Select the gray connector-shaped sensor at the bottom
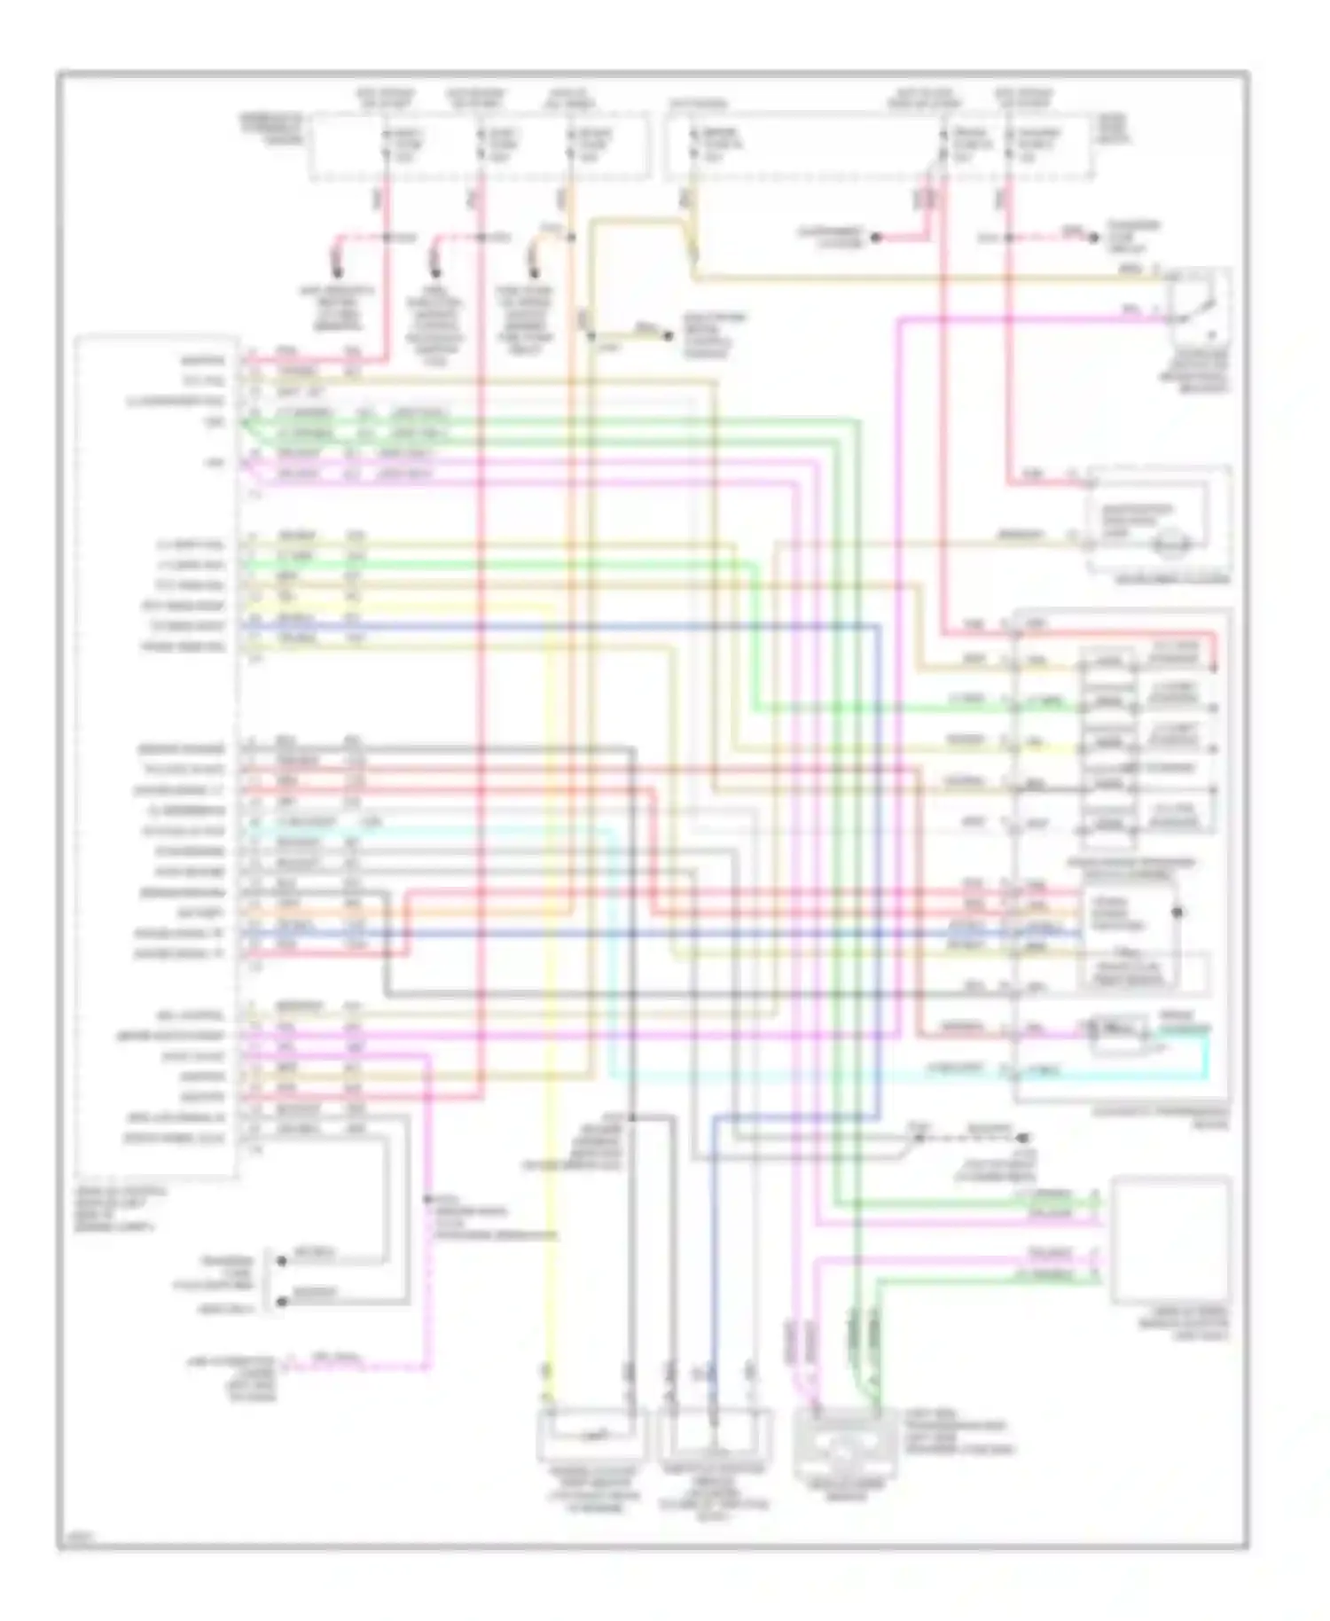[846, 1441]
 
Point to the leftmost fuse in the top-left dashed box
[386, 145]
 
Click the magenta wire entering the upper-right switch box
[1020, 318]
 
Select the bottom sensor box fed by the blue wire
[715, 1437]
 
